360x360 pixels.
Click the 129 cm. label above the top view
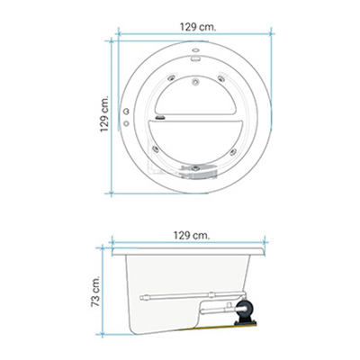tap(198, 27)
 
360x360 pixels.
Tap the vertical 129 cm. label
tap(104, 114)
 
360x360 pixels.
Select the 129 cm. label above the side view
tap(192, 236)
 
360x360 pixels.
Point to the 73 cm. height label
tap(95, 291)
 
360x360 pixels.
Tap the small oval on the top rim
tap(195, 50)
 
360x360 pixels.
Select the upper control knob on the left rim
tap(126, 112)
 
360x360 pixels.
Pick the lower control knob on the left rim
tap(126, 123)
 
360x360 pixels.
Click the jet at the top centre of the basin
tap(195, 81)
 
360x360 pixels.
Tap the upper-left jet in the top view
tap(171, 78)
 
